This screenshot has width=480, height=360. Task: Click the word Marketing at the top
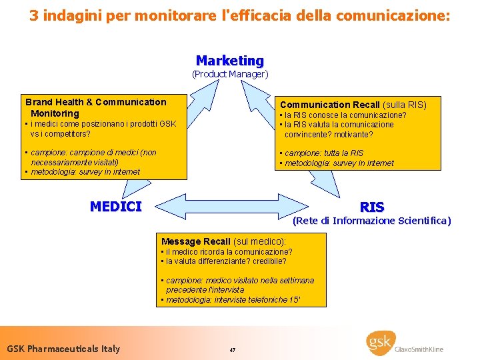tap(230, 61)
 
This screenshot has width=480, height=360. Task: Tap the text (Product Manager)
tap(230, 74)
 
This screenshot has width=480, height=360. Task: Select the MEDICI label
tap(116, 207)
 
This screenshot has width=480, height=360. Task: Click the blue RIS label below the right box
tap(372, 207)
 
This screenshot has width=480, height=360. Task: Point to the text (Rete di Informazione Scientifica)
tap(372, 221)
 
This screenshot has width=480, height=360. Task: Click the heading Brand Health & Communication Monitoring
tap(95, 107)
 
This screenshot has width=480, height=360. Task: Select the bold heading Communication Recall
tap(329, 105)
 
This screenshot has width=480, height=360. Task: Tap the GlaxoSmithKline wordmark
tap(421, 349)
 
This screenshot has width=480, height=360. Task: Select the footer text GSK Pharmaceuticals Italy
tap(63, 349)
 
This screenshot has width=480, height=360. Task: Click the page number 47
tap(232, 350)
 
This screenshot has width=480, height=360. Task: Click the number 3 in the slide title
tap(33, 15)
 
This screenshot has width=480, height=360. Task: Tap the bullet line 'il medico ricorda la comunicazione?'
tap(227, 252)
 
